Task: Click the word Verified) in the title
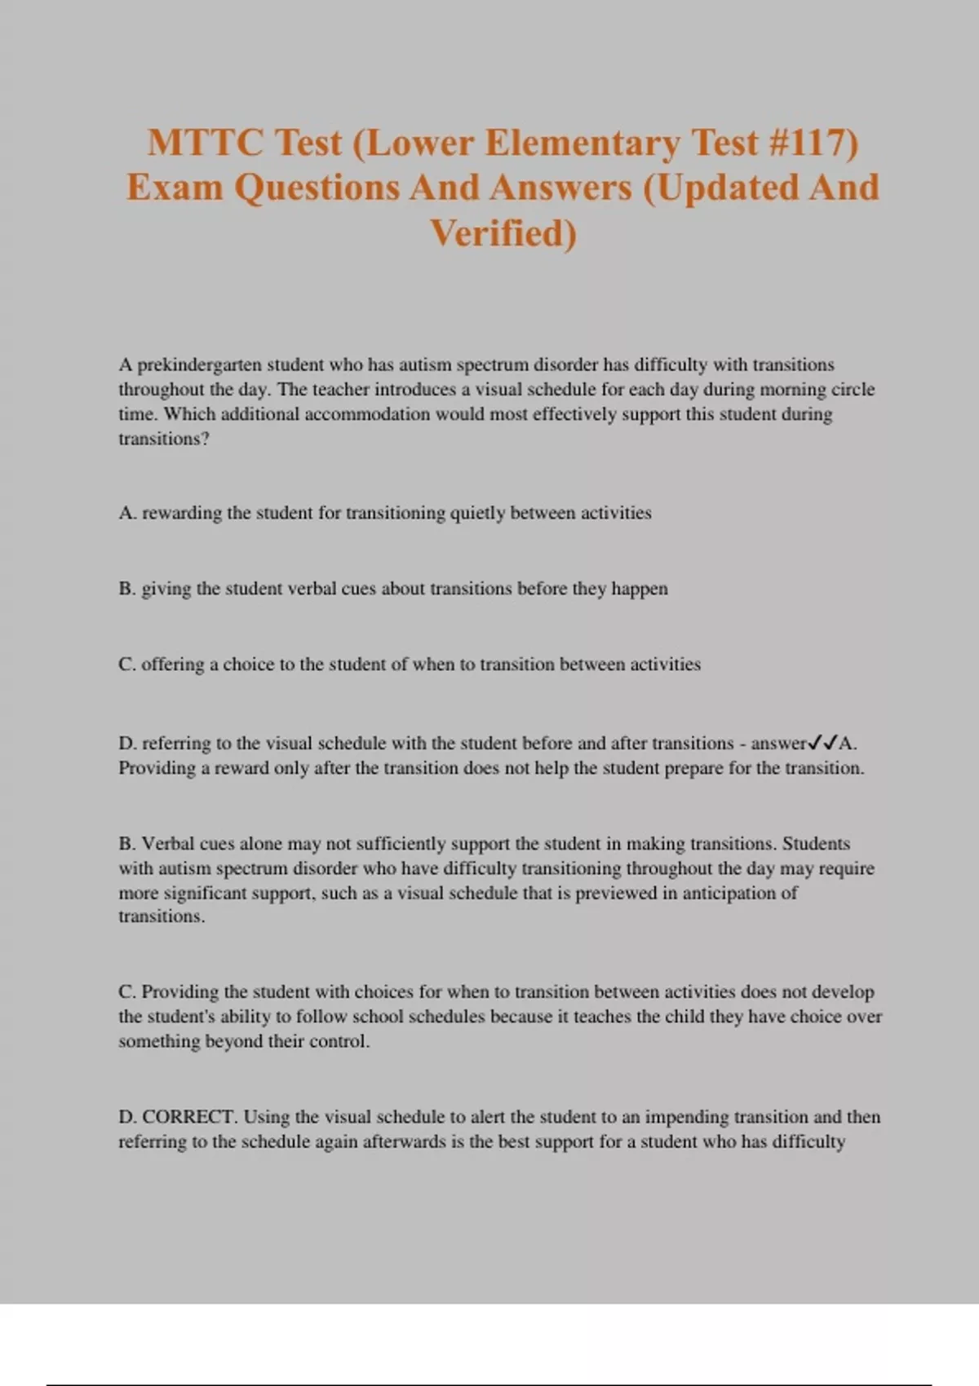click(x=503, y=233)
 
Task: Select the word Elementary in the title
click(x=582, y=143)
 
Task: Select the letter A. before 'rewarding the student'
click(x=127, y=513)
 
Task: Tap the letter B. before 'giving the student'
click(x=127, y=589)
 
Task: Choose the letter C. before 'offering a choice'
click(x=127, y=664)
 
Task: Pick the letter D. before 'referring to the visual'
click(x=127, y=744)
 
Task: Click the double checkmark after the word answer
click(x=822, y=744)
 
